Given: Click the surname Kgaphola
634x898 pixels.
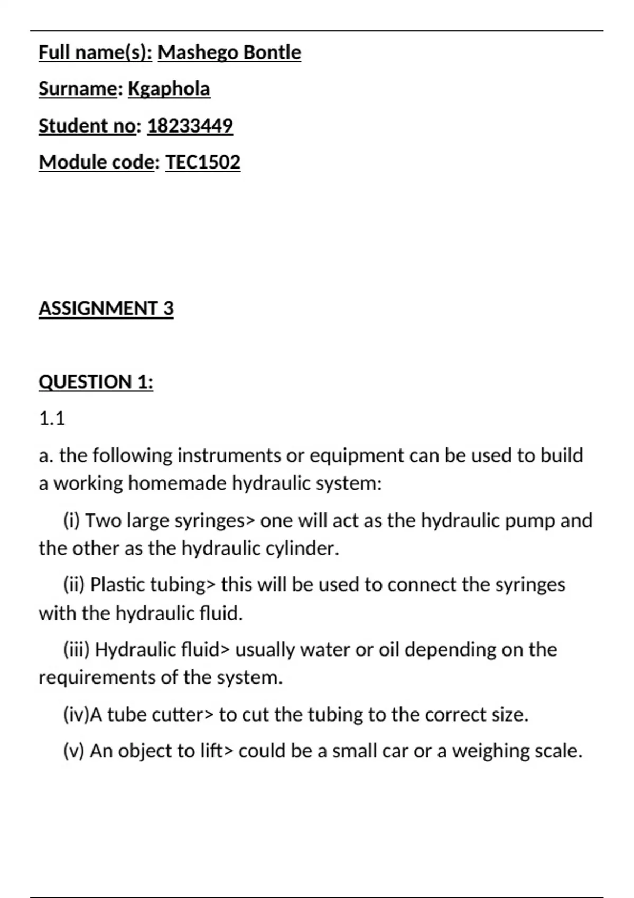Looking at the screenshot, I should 169,89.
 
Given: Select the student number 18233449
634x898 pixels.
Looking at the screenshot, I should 190,126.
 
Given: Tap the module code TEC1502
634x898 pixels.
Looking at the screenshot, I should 203,162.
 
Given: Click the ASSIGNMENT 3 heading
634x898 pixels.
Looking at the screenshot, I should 106,308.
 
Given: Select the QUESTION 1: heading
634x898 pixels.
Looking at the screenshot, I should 96,382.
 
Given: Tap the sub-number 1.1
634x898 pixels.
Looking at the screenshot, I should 52,418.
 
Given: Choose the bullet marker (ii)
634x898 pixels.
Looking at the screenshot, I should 74,585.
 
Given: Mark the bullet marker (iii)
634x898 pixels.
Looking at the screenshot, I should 76,650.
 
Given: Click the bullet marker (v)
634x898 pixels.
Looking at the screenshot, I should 73,751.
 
